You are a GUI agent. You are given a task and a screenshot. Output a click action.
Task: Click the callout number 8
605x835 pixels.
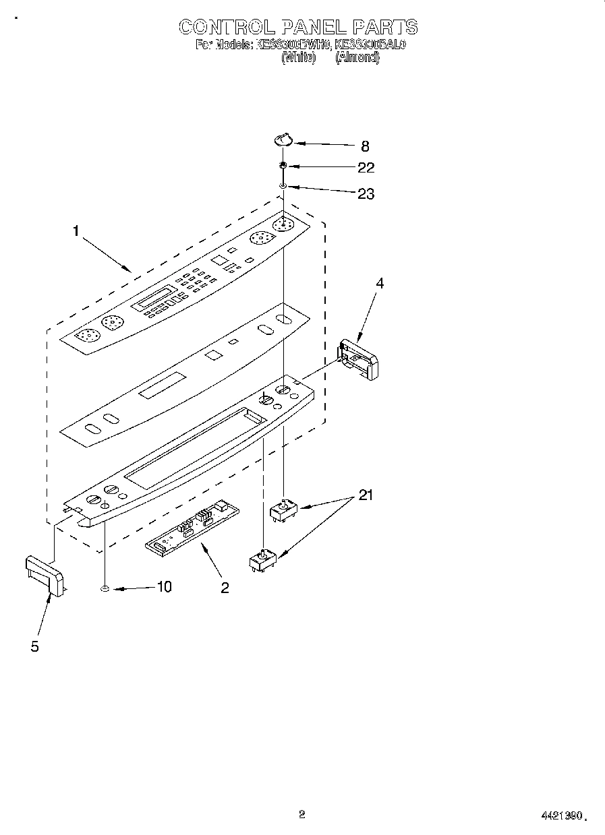point(365,146)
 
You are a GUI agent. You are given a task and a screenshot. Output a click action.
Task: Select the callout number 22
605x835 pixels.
point(366,168)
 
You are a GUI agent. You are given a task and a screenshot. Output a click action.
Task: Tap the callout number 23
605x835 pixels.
point(366,194)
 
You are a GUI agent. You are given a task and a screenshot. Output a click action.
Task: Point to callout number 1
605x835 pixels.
point(76,231)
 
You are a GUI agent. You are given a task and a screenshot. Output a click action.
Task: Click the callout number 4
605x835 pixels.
point(380,284)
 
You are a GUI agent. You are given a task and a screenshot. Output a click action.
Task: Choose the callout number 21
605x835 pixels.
point(366,495)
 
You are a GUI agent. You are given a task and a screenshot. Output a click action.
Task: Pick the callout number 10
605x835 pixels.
point(164,587)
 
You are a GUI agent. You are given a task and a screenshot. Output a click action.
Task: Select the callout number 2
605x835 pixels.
point(225,588)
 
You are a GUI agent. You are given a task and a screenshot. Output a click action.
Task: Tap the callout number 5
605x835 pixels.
point(34,646)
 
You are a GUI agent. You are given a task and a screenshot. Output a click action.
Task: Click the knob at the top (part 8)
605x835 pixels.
point(283,140)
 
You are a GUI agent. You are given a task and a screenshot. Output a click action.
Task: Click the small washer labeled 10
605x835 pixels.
point(105,590)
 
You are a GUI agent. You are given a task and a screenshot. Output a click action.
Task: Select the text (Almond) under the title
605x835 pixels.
point(357,58)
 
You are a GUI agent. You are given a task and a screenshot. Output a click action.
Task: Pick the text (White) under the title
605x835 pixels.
point(297,58)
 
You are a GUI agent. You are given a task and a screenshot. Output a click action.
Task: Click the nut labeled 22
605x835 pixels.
point(284,166)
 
